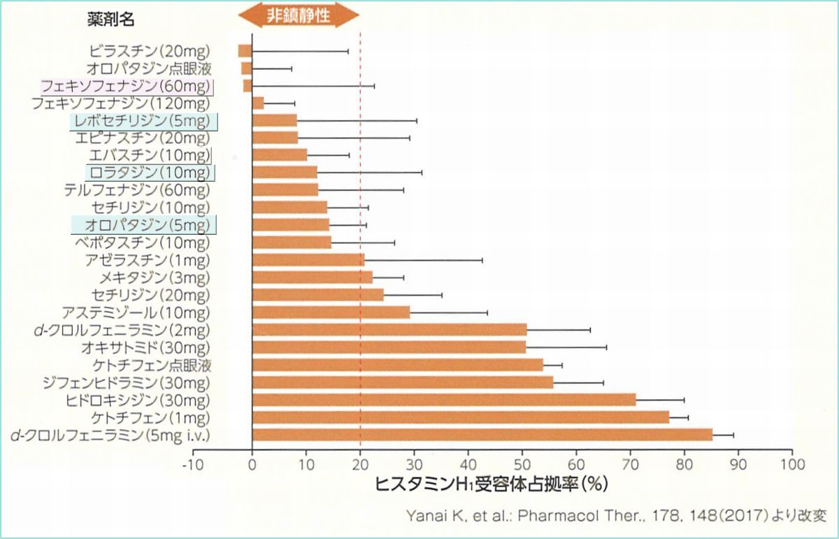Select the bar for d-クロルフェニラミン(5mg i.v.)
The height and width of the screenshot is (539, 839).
pos(482,435)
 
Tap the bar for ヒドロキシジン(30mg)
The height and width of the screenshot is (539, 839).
pos(444,400)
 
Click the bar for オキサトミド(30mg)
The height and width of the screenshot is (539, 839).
pos(389,347)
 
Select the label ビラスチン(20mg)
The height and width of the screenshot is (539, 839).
pos(150,51)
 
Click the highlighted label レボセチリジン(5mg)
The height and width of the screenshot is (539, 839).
pos(144,121)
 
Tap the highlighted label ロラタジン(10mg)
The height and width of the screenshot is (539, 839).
pos(150,172)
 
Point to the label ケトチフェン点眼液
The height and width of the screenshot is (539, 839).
pos(152,365)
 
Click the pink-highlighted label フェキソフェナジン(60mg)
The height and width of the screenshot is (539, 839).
pos(126,86)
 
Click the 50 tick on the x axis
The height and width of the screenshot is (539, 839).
pos(522,463)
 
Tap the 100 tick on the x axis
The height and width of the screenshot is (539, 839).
pos(791,463)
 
